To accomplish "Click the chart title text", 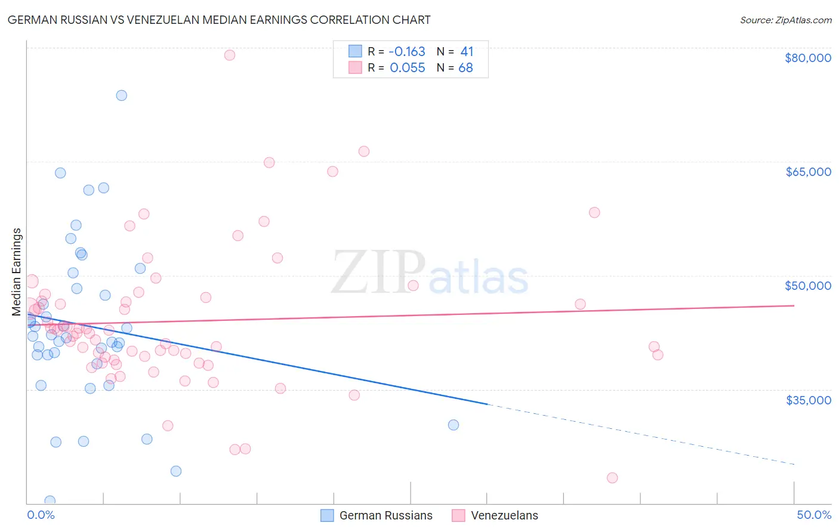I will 219,20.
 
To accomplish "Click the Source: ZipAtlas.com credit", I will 785,20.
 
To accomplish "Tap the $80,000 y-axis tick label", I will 807,58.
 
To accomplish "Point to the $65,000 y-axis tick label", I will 807,172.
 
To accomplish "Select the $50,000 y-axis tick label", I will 807,286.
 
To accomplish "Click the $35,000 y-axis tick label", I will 807,400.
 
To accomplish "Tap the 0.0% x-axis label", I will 41,515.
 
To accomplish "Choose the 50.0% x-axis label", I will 813,515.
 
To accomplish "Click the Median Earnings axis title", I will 17,271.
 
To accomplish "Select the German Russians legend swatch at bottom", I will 327,515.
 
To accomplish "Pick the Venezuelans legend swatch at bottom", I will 458,515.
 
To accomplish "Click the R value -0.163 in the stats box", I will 407,52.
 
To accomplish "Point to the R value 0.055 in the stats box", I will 407,68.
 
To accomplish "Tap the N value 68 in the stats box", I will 465,68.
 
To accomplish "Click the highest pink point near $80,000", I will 229,55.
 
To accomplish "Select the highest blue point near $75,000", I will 121,95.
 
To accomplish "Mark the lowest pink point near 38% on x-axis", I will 612,478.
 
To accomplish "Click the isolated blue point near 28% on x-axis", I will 454,425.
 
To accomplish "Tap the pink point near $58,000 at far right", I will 594,212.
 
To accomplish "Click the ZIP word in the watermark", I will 378,273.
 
